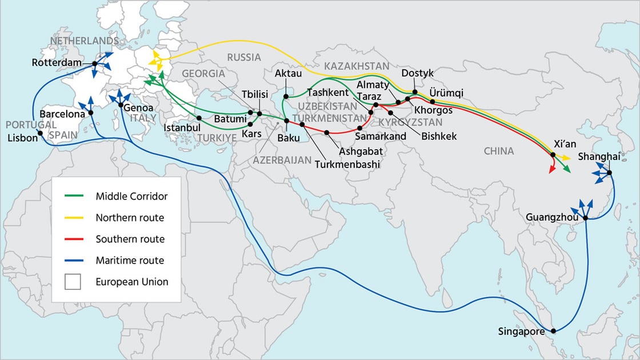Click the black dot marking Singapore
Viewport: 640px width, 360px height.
(x=553, y=331)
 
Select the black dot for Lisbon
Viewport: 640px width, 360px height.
(x=40, y=134)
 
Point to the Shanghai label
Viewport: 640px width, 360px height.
(x=599, y=157)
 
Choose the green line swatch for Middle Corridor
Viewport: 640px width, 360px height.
(x=74, y=196)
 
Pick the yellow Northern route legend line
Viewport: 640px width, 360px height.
(x=74, y=218)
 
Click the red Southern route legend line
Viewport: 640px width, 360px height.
(x=74, y=239)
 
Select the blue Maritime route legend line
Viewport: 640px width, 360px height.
(x=74, y=261)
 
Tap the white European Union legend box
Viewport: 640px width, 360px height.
(x=73, y=282)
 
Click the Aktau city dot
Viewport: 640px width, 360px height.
(x=286, y=97)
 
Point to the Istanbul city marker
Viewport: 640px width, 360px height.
(x=199, y=118)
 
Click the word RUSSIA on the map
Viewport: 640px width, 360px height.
(x=243, y=57)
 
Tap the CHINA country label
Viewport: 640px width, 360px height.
(x=498, y=151)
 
